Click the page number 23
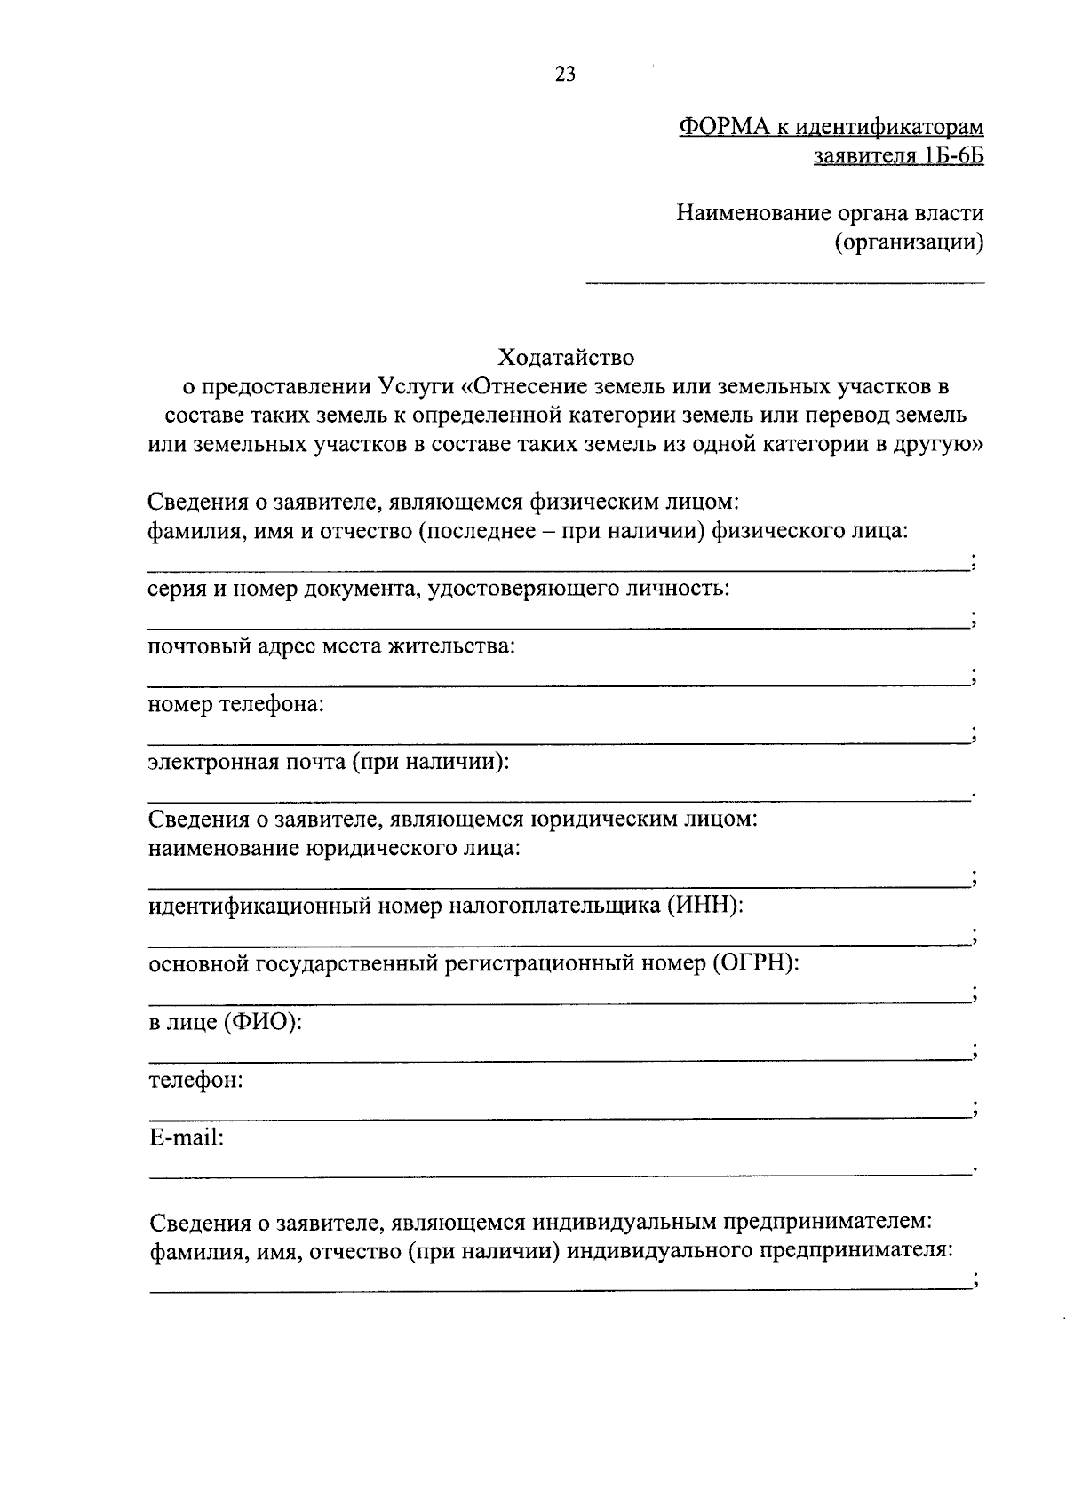565,75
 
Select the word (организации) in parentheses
909,242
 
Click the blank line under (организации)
784,283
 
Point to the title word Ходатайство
566,358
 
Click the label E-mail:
186,1137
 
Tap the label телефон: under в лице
195,1080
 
